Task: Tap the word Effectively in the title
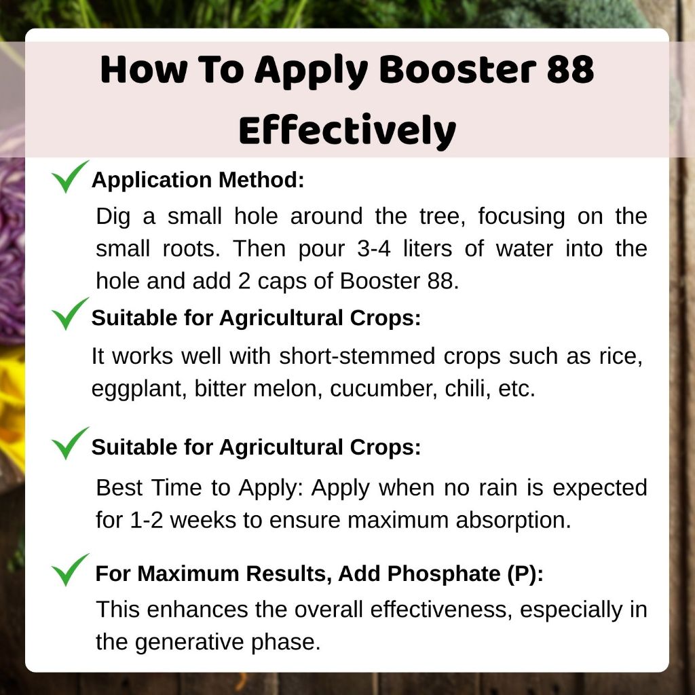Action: tap(347, 131)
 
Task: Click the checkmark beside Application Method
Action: tap(70, 176)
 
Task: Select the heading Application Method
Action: tap(198, 180)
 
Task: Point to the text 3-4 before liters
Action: tap(374, 248)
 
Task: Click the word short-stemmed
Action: tap(357, 356)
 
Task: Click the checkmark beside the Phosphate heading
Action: tap(70, 569)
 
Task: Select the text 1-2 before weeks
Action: tap(147, 520)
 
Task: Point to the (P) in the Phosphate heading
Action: tap(525, 574)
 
